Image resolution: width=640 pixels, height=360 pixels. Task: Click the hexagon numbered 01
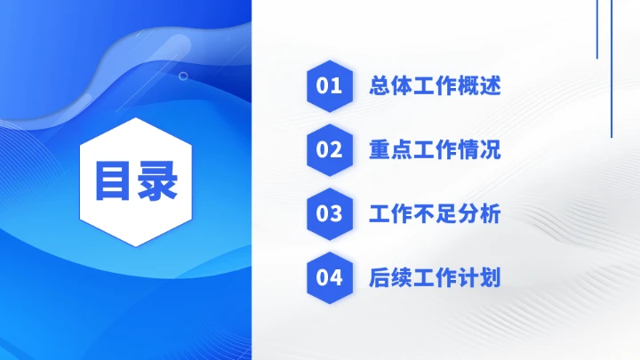[x=330, y=86]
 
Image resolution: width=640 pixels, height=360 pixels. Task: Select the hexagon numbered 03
[x=330, y=214]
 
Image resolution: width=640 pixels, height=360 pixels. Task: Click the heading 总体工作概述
[x=435, y=86]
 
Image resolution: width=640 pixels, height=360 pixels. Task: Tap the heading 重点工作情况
[x=435, y=150]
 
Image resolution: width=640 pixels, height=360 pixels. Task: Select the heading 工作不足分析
[x=435, y=214]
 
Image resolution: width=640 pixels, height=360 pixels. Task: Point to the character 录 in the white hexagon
[x=156, y=181]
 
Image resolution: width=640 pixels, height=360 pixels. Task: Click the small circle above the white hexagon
[x=183, y=76]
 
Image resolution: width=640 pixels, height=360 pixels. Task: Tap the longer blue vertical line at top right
[x=612, y=68]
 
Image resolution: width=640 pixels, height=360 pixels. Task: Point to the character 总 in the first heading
[x=380, y=86]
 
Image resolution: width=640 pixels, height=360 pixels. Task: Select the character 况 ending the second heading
[x=491, y=150]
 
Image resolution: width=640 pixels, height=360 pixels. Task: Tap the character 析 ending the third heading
[x=491, y=214]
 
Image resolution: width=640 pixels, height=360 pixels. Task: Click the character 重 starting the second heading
[x=380, y=150]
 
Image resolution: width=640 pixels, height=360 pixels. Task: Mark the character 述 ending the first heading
[x=491, y=86]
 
